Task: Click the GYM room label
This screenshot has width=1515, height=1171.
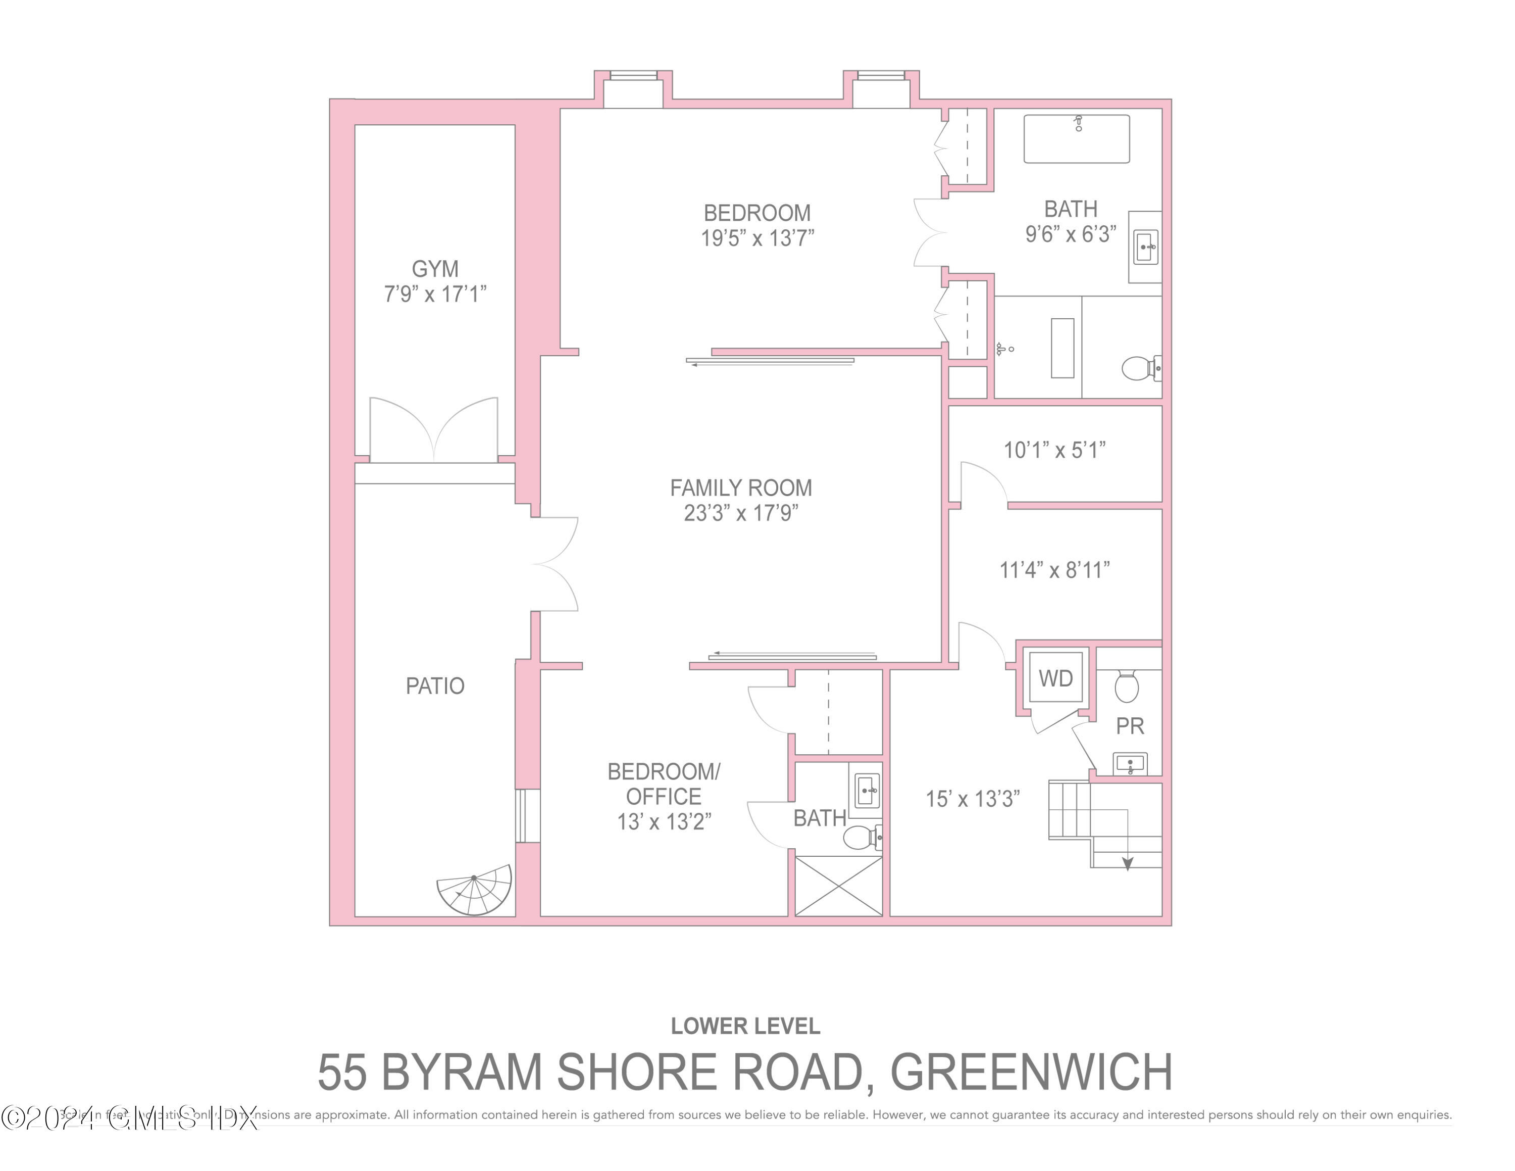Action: pos(435,268)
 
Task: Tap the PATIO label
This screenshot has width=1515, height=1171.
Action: pos(435,686)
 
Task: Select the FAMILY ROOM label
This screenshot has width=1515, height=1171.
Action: pos(741,487)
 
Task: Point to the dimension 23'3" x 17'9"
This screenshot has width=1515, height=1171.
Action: pos(741,513)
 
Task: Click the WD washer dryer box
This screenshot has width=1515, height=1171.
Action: pos(1055,678)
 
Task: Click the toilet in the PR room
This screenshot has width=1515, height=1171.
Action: pos(1127,686)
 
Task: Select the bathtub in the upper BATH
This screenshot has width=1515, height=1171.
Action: pos(1076,139)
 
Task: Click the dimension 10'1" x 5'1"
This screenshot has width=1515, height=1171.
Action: pos(1054,450)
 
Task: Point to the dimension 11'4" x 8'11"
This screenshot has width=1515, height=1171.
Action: pos(1054,570)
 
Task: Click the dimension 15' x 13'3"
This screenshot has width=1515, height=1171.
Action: pos(973,799)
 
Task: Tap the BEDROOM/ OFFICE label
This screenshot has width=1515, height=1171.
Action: pos(664,784)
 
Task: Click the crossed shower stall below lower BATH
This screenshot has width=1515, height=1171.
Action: pos(838,887)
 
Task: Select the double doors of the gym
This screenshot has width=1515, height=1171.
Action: pos(434,430)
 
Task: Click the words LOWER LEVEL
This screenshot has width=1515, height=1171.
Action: pos(745,1026)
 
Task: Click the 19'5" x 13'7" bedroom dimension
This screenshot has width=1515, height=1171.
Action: pos(757,238)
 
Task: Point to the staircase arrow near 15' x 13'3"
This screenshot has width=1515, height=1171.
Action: pos(1127,863)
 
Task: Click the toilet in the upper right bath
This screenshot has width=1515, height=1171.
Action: pos(1138,368)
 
